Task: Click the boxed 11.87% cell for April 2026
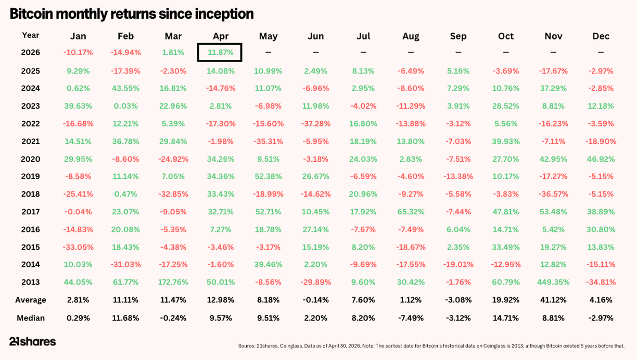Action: [x=220, y=53]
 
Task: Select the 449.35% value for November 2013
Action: [x=553, y=282]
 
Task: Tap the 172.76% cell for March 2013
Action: [x=173, y=282]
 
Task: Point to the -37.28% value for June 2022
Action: [x=316, y=124]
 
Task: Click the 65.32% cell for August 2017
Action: [x=411, y=212]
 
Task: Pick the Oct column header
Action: [x=506, y=36]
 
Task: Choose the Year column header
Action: [x=30, y=35]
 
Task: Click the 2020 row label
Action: [x=30, y=159]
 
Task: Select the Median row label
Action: [x=31, y=318]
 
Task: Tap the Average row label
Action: [x=31, y=300]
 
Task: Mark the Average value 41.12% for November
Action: [x=553, y=300]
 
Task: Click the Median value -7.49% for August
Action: [x=411, y=318]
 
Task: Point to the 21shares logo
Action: [x=32, y=341]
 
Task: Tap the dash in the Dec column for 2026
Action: [x=601, y=53]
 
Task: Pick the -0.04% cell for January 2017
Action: [x=78, y=212]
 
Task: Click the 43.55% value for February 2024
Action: [x=125, y=88]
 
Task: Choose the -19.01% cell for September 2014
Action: [x=458, y=264]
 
